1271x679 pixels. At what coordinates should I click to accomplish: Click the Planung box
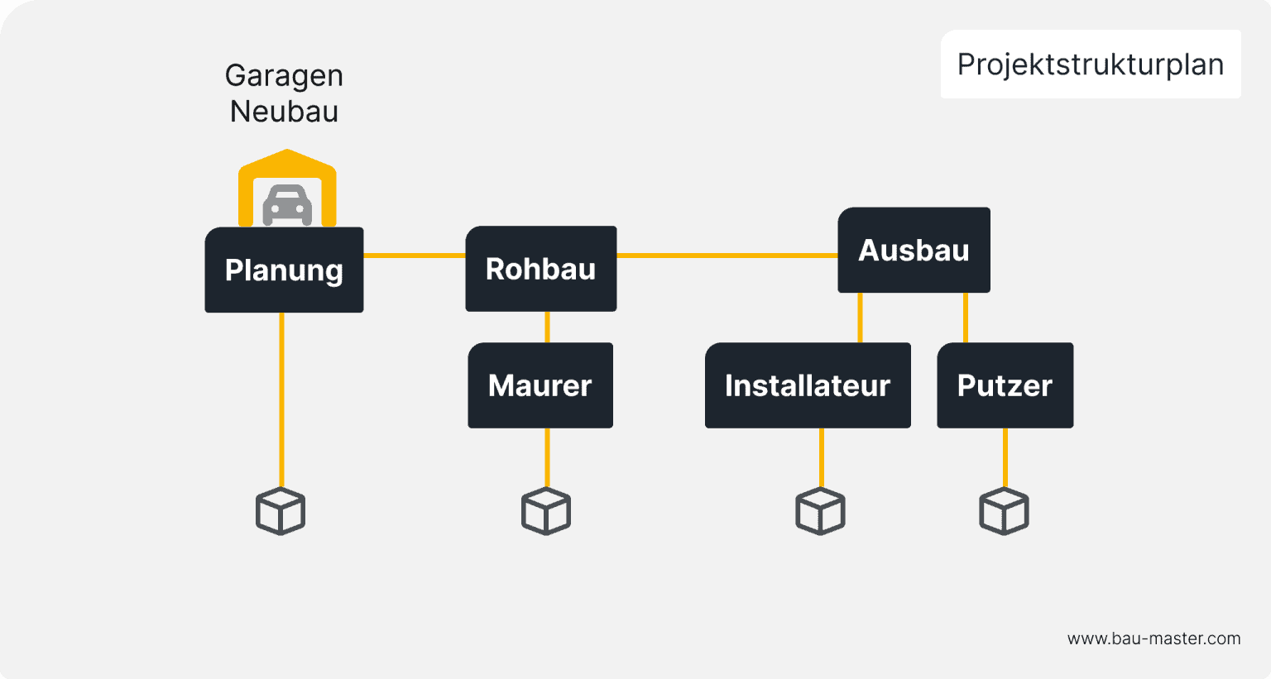(x=284, y=270)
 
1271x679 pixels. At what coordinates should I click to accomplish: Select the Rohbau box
(x=540, y=269)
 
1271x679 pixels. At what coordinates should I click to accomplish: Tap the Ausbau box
(x=914, y=250)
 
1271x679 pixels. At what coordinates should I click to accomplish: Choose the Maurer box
(x=540, y=385)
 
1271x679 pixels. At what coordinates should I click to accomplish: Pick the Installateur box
(x=808, y=385)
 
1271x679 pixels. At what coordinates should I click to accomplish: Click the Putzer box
(x=1005, y=385)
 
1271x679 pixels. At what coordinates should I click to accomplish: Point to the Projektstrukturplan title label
(x=1090, y=65)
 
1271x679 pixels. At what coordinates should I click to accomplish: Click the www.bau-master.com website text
(x=1153, y=638)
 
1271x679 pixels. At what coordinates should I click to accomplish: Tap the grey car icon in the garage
(x=287, y=204)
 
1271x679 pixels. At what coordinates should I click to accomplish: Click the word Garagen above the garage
(x=284, y=75)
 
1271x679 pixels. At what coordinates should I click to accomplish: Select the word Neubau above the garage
(x=284, y=111)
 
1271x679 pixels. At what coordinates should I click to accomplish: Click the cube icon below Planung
(x=281, y=511)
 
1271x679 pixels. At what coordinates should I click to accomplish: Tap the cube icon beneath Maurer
(x=546, y=511)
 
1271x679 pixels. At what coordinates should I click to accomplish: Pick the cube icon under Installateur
(x=820, y=511)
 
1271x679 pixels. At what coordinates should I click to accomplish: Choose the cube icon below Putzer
(x=1004, y=511)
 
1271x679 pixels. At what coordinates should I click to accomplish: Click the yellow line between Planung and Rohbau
(x=414, y=256)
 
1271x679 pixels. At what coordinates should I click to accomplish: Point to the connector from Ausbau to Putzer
(x=966, y=318)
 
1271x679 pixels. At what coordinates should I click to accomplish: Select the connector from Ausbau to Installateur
(x=861, y=318)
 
